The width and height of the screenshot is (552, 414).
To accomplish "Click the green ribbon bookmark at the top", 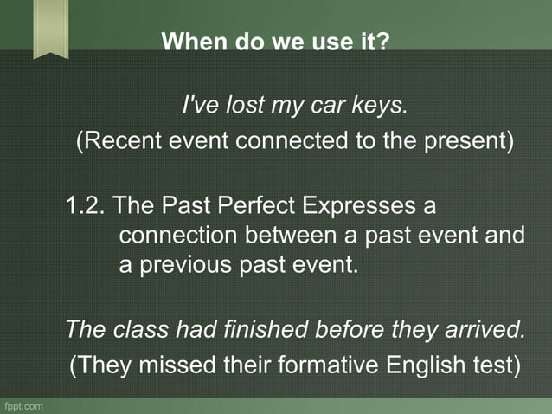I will click(51, 28).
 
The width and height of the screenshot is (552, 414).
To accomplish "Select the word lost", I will click(238, 107).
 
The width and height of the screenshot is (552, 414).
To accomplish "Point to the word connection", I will click(178, 235).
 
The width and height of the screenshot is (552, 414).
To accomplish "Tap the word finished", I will click(272, 330).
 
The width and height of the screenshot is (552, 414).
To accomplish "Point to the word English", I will click(424, 365).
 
